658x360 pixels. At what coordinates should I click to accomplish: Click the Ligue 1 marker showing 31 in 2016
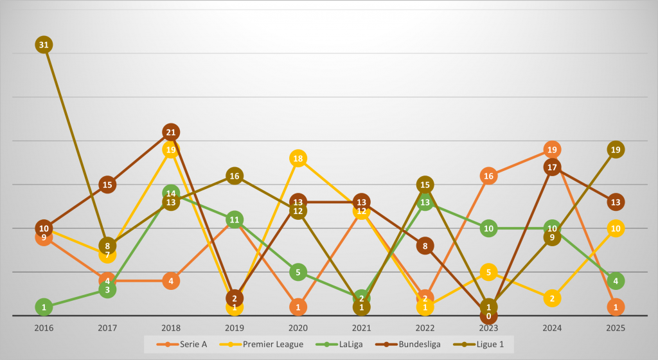click(44, 45)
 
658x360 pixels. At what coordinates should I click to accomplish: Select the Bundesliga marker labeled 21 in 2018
click(170, 132)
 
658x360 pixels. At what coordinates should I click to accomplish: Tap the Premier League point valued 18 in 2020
click(298, 158)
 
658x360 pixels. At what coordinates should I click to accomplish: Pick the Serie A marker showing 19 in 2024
click(551, 150)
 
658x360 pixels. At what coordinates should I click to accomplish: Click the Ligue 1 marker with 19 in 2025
click(615, 150)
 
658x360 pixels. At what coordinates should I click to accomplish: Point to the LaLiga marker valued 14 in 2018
click(170, 194)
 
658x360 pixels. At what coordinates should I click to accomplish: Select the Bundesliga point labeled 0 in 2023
click(488, 316)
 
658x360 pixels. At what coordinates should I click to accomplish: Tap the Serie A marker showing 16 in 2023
click(488, 176)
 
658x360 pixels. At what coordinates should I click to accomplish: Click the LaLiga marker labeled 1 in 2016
click(44, 307)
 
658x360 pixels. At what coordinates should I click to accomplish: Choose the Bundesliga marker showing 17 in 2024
click(551, 167)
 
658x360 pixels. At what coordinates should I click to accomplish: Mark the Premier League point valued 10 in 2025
click(615, 228)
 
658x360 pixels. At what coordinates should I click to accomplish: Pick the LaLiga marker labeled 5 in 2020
click(298, 272)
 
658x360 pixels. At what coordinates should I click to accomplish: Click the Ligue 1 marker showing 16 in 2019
click(234, 176)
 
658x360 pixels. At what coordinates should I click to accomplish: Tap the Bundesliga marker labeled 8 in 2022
click(425, 246)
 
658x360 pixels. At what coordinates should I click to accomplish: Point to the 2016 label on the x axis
click(44, 328)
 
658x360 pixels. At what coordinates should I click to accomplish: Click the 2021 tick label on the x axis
click(361, 328)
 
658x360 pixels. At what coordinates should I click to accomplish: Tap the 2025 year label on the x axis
click(615, 328)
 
